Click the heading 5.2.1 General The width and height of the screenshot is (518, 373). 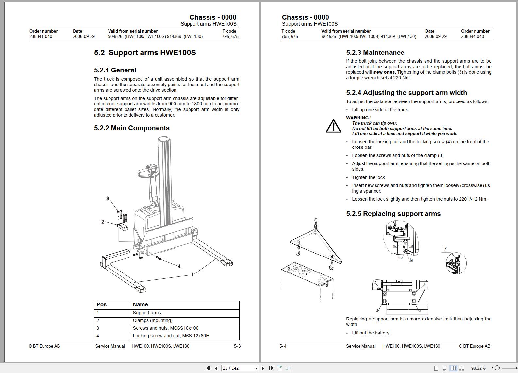point(115,70)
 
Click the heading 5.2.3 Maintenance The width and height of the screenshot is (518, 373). point(375,53)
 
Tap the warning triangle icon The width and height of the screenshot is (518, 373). point(333,126)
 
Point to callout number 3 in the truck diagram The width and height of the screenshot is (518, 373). point(108,198)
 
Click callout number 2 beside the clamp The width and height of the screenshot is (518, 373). point(103,222)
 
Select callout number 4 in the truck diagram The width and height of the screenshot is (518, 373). point(179,266)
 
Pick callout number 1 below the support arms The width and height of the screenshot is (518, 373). point(192,275)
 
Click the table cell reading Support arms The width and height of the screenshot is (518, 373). point(147,313)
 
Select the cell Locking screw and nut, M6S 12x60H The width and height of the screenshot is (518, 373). point(171,336)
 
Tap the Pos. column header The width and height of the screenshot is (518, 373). point(102,304)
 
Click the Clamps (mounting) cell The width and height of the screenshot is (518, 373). point(153,320)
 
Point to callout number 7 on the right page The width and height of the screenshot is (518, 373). point(445,249)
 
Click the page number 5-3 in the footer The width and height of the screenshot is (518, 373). point(237,346)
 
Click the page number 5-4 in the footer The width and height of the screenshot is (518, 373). point(283,346)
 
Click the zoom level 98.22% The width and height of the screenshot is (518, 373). point(478,368)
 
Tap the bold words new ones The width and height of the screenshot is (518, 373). point(384,72)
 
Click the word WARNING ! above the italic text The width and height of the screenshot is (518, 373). point(359,118)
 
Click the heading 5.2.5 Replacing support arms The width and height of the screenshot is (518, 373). point(393,214)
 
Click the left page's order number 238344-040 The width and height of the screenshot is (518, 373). point(41,36)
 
